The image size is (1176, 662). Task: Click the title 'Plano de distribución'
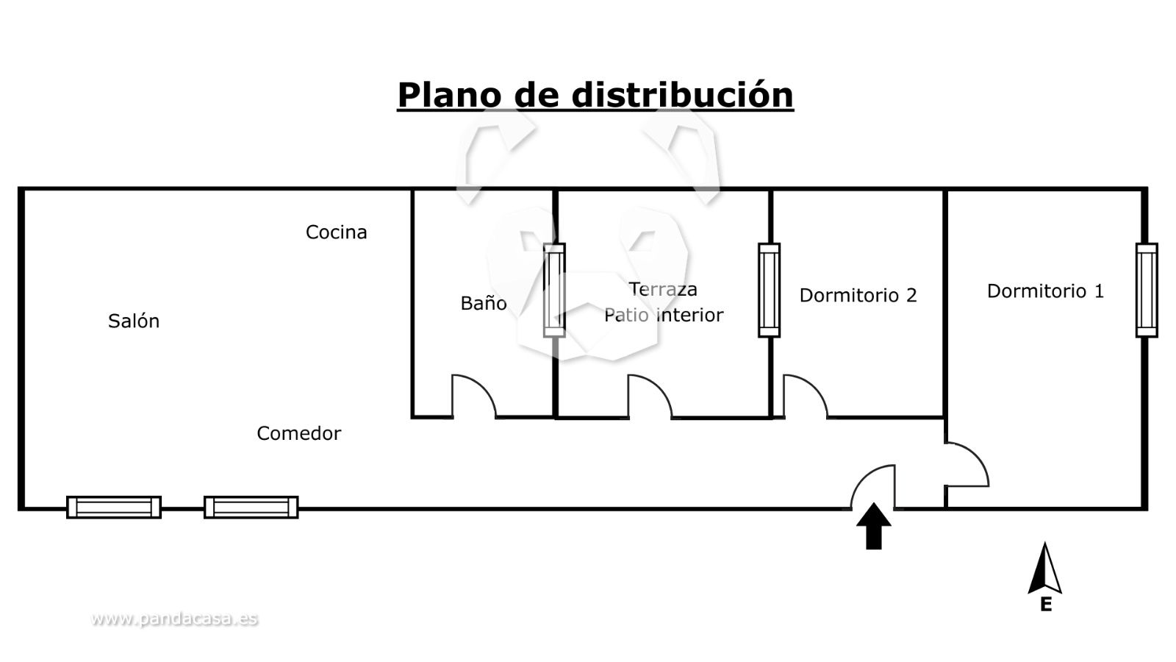pyautogui.click(x=595, y=95)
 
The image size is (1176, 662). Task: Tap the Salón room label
pyautogui.click(x=134, y=321)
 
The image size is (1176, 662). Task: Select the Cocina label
pyautogui.click(x=336, y=232)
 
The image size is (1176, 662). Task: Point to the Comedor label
pyautogui.click(x=298, y=433)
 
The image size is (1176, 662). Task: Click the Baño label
pyautogui.click(x=484, y=303)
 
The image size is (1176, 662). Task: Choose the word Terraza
pyautogui.click(x=663, y=289)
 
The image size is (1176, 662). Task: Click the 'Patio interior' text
pyautogui.click(x=664, y=315)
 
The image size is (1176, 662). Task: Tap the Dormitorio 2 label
pyautogui.click(x=858, y=295)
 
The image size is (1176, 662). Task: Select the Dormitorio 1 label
pyautogui.click(x=1045, y=291)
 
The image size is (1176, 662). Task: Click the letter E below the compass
pyautogui.click(x=1045, y=605)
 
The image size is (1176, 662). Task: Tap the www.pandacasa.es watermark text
pyautogui.click(x=174, y=619)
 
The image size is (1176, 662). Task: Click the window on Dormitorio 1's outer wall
pyautogui.click(x=1146, y=290)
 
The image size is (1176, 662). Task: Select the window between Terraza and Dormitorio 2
pyautogui.click(x=769, y=290)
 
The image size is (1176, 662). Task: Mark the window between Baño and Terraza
pyautogui.click(x=554, y=290)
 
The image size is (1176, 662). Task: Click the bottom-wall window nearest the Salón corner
pyautogui.click(x=114, y=507)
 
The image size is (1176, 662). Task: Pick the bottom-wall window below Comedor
pyautogui.click(x=251, y=507)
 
